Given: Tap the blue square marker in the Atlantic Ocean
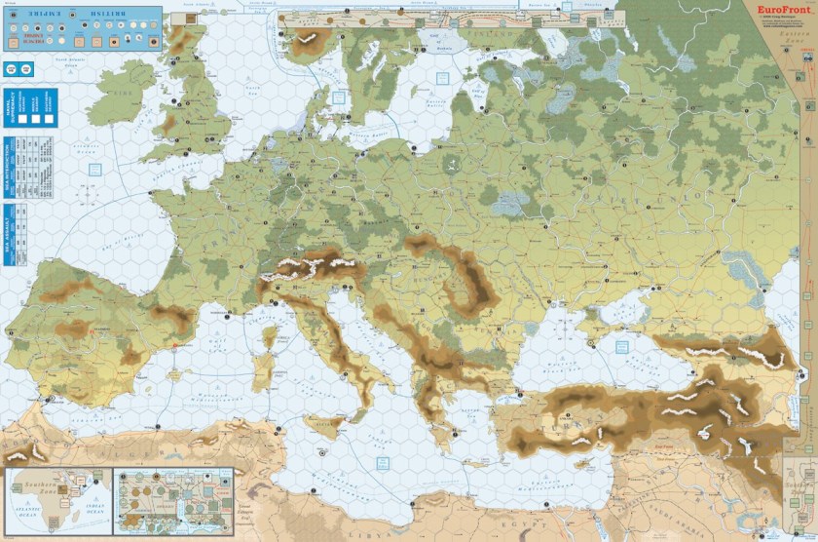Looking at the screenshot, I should pos(94,170).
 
